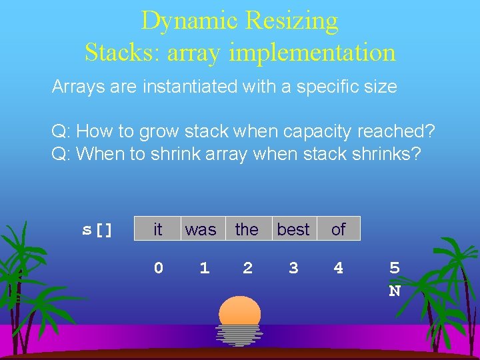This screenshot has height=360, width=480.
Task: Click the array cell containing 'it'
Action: (157, 229)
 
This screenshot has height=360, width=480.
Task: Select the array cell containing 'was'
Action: (201, 229)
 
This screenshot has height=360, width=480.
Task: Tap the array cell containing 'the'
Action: (247, 229)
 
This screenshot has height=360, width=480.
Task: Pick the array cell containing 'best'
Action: (293, 229)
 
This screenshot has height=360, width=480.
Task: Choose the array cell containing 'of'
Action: (338, 229)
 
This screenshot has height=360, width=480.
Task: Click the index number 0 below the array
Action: (158, 268)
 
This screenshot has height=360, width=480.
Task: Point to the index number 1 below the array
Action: (204, 268)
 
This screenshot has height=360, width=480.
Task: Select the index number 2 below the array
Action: (247, 268)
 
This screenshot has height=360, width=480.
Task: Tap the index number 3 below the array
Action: (293, 268)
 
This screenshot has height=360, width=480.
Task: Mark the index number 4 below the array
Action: (339, 268)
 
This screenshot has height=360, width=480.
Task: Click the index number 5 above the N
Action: (395, 268)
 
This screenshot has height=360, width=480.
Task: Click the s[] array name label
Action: (97, 230)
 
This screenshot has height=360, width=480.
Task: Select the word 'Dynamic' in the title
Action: (189, 21)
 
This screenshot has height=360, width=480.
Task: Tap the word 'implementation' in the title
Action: (313, 52)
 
